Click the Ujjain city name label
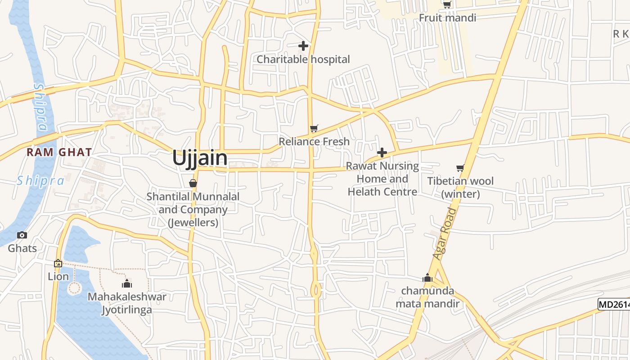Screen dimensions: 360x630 coord(200,158)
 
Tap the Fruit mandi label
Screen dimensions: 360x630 coord(447,18)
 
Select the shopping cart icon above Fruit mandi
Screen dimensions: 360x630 coord(447,4)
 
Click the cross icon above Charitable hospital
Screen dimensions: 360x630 coord(303,45)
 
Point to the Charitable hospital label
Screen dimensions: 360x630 coord(303,59)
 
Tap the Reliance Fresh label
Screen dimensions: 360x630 coord(314,142)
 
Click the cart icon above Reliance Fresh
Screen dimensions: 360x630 coord(314,129)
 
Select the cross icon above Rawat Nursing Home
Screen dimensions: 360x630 coord(382,153)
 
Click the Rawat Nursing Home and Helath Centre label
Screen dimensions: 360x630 coord(382,179)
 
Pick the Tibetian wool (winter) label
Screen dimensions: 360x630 coord(460,188)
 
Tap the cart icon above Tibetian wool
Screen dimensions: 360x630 coord(460,168)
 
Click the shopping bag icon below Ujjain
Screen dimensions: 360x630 coord(193,183)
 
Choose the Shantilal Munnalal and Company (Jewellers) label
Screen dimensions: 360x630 coord(193,209)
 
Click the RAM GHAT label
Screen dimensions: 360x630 coord(59,152)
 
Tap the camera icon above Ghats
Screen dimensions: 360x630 coord(22,235)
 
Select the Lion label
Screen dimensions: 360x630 coord(58,276)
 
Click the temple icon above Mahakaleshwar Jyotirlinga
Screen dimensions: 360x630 coord(127,283)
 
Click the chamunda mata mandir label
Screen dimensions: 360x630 coord(427,297)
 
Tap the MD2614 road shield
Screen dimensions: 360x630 coord(614,305)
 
